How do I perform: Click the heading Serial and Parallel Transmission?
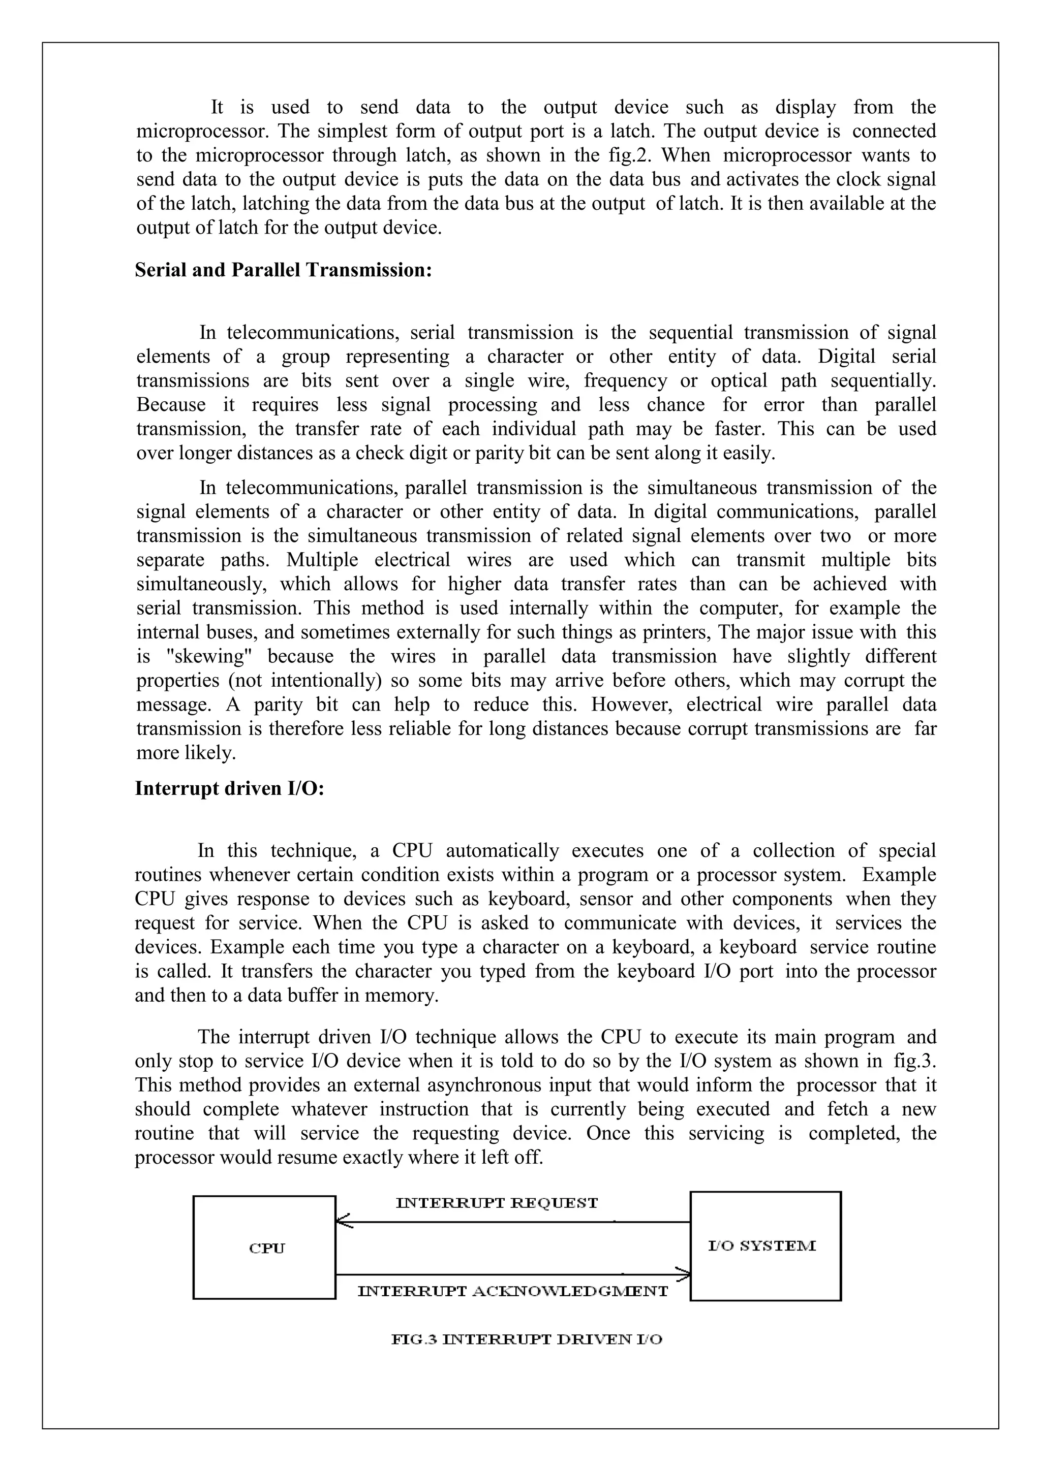283,270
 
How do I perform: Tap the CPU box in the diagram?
264,1248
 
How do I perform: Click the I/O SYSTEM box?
764,1246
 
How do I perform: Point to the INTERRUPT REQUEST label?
497,1203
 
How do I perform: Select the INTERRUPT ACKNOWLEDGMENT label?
512,1291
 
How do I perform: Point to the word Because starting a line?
170,405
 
